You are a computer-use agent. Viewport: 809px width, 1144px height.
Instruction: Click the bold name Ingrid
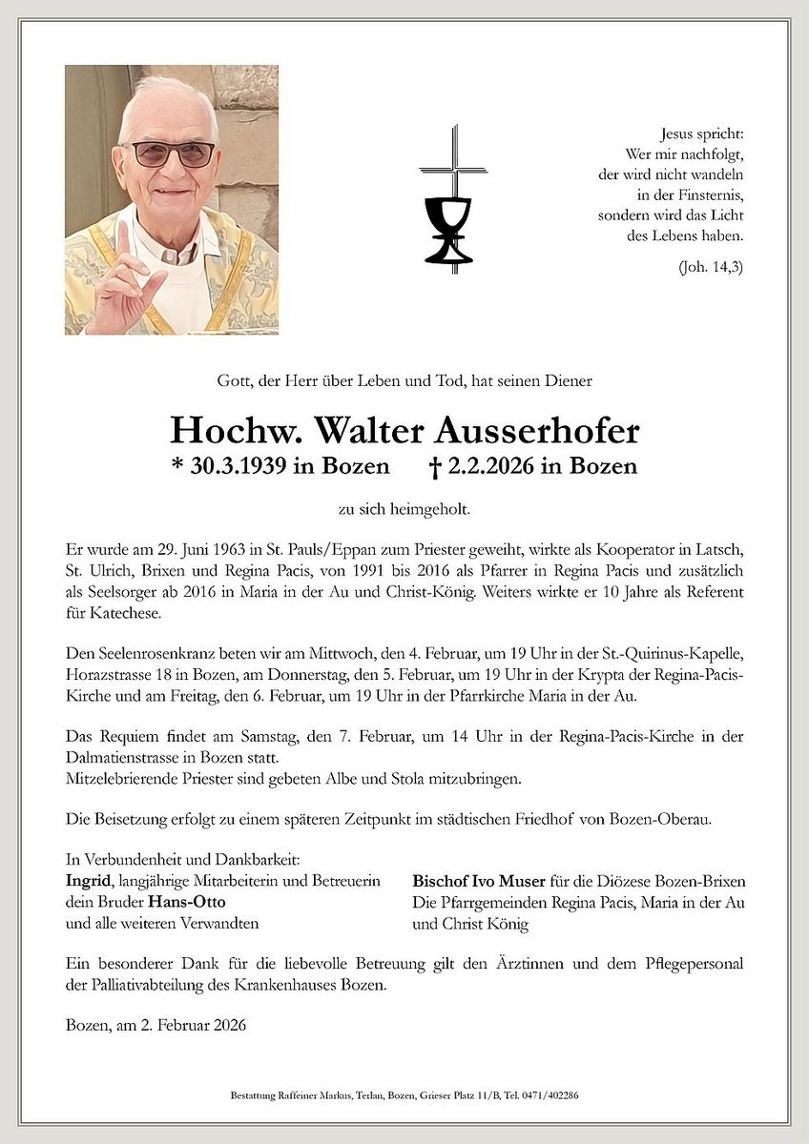87,880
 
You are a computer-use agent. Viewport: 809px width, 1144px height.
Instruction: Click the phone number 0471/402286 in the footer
551,1095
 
